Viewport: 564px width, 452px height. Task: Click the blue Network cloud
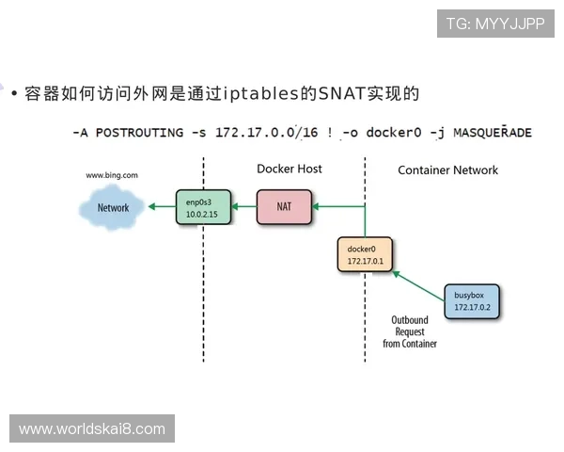112,207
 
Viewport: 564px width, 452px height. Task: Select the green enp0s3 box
202,207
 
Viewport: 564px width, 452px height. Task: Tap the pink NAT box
284,207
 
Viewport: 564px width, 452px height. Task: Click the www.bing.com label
112,175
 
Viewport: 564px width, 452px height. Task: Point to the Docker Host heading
290,169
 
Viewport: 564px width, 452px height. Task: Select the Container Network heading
447,169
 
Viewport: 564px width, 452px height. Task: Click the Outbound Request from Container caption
409,331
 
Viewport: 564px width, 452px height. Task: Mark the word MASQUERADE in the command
493,133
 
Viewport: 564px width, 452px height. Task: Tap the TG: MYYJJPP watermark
495,24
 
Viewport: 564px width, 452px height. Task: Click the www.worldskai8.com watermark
92,429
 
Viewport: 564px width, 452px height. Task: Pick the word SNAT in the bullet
340,94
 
